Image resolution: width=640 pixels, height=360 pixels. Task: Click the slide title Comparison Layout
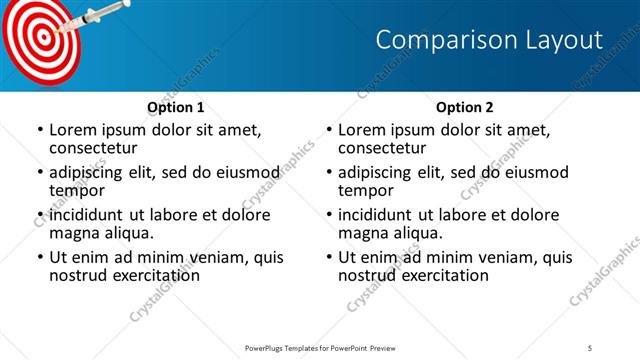[x=489, y=40]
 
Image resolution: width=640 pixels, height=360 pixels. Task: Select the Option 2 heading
[x=464, y=107]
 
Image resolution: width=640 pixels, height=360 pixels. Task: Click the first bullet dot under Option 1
[x=40, y=130]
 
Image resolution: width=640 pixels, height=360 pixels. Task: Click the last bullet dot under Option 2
[x=329, y=257]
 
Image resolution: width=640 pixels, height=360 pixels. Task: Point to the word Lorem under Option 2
[x=361, y=130]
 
